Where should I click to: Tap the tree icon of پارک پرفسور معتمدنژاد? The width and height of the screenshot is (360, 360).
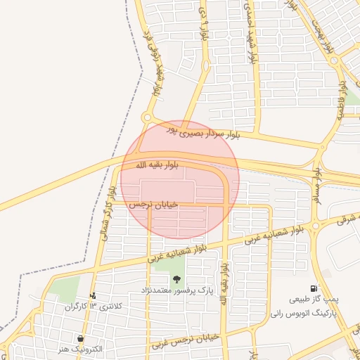tap(176, 279)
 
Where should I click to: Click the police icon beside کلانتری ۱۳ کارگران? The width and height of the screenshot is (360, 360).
tap(93, 296)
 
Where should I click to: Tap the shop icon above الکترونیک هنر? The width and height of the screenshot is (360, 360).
tap(83, 338)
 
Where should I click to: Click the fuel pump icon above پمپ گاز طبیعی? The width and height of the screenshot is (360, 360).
tap(313, 288)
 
